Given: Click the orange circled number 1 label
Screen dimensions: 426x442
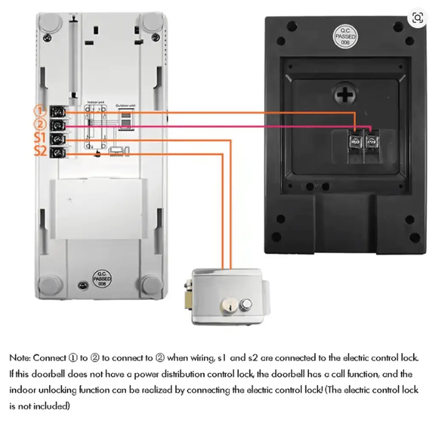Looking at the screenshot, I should (40, 111).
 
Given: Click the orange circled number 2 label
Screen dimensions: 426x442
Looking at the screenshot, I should (40, 125).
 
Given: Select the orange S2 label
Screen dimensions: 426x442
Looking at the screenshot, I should (41, 151).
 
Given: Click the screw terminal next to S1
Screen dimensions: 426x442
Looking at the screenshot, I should (57, 139).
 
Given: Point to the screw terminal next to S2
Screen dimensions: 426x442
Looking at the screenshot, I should (57, 153).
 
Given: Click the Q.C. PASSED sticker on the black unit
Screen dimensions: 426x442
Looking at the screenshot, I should (345, 38).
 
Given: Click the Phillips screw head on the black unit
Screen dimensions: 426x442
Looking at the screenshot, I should (345, 93).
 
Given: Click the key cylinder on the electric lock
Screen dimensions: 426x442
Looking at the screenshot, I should (226, 305).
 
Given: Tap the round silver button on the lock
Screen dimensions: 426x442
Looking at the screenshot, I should (246, 304).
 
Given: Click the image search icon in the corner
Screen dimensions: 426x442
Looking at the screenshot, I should (418, 17).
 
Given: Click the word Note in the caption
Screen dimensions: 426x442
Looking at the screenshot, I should (19, 357).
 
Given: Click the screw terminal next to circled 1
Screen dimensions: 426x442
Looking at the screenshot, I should (57, 113).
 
